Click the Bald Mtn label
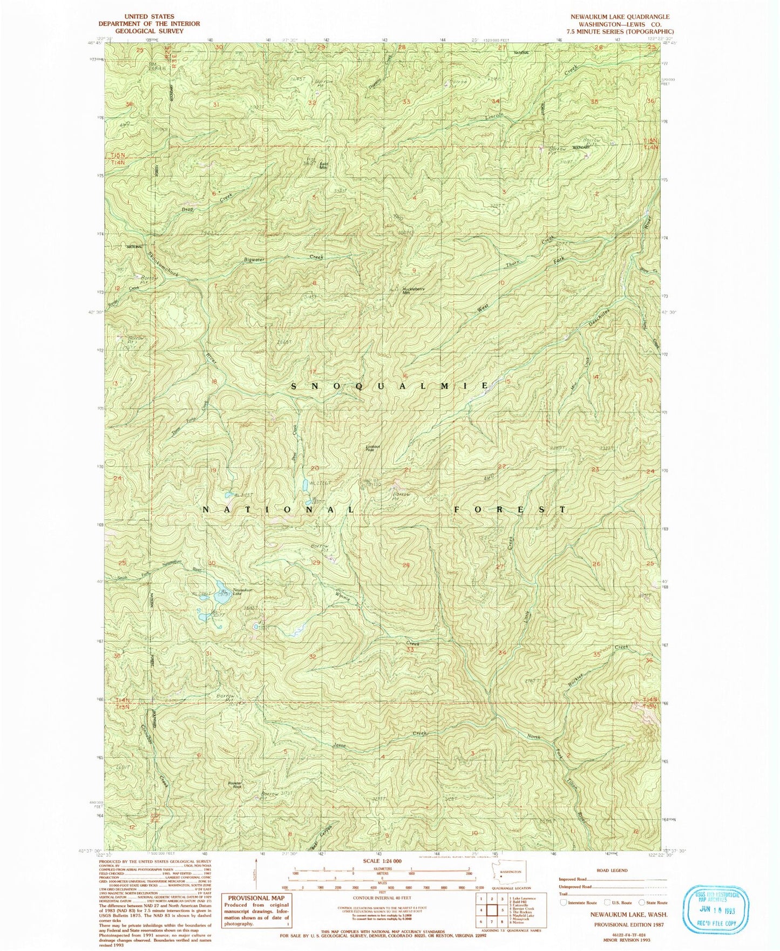[324, 166]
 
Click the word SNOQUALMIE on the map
[391, 386]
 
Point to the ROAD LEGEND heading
[613, 871]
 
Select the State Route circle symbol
[642, 902]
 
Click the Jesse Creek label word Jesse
[339, 745]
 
